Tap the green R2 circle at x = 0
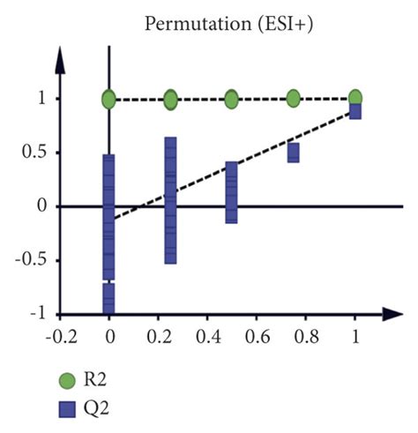pos(108,100)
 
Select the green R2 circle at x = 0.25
pos(170,100)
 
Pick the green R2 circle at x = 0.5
pos(231,100)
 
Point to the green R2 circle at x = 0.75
pos(293,99)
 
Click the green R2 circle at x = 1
pos(355,98)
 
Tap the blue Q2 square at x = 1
pos(355,111)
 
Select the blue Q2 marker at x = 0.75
pos(293,153)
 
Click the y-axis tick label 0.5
pos(31,153)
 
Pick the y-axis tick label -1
pos(34,314)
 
